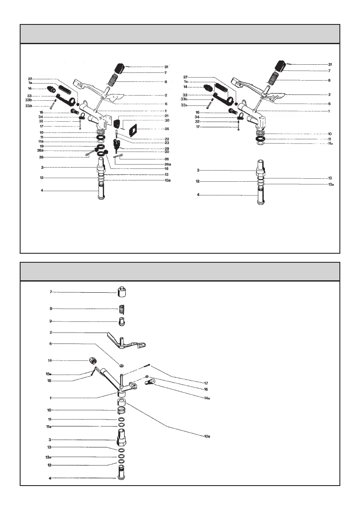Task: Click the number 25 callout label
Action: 167,129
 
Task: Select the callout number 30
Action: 167,120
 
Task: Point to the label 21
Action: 167,116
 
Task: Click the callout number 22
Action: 167,139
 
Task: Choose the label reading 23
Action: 167,143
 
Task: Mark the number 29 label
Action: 167,148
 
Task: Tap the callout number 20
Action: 167,152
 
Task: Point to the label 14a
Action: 207,398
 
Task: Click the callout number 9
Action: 51,321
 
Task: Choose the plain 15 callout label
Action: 49,380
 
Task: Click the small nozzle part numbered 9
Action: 122,321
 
